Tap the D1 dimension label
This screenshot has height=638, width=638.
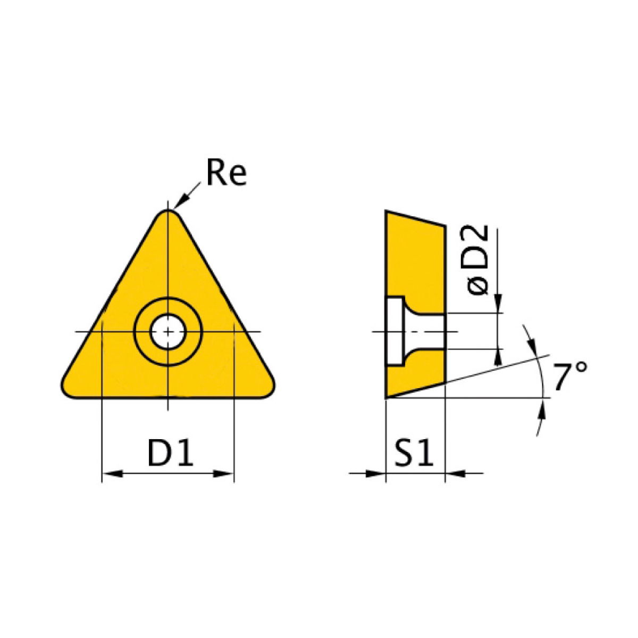tap(170, 453)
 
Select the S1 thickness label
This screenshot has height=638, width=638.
tap(415, 453)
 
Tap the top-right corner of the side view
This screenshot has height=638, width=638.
tap(444, 225)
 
